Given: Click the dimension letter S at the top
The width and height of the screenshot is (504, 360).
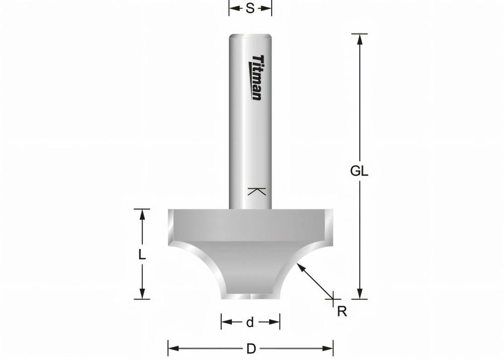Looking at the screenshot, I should (250, 9).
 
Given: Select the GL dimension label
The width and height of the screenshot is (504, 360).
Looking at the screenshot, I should (359, 171).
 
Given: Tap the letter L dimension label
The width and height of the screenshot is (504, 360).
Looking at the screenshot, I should (142, 255).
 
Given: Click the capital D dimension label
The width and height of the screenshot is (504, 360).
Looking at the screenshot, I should (250, 348).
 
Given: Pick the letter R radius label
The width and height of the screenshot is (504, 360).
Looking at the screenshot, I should (342, 312).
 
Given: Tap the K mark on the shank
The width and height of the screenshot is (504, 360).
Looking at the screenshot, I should (257, 192).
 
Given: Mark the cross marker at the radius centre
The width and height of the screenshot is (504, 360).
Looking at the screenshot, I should (333, 298).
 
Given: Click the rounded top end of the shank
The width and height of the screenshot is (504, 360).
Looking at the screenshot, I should (251, 36).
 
